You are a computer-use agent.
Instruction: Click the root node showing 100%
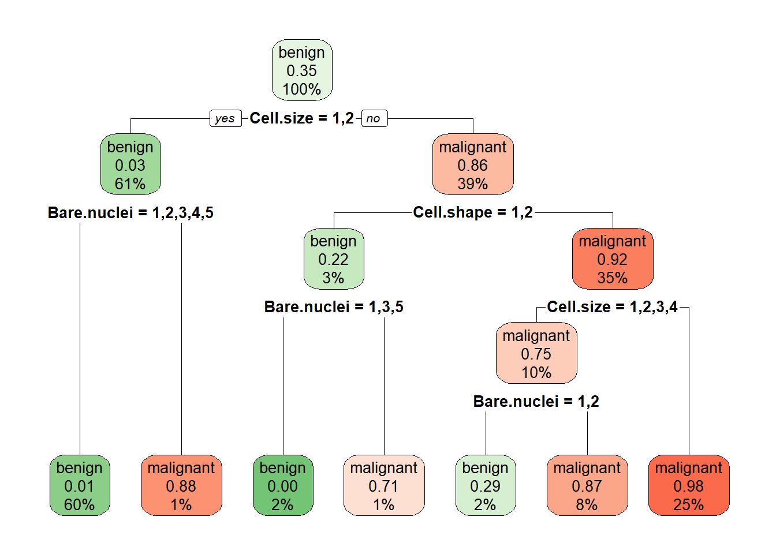click(x=302, y=70)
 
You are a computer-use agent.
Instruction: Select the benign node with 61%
click(x=130, y=164)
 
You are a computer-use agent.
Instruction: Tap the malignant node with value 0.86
click(x=473, y=164)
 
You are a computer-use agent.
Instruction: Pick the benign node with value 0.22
click(x=334, y=259)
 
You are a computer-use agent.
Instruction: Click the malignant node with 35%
click(x=613, y=259)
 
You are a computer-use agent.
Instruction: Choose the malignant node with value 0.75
click(x=536, y=353)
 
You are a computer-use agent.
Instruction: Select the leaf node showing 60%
click(x=80, y=485)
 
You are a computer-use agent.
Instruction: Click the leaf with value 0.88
click(x=181, y=485)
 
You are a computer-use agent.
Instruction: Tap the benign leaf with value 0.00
click(x=283, y=485)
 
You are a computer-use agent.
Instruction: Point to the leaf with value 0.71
click(x=384, y=485)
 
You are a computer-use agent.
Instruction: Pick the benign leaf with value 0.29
click(x=486, y=485)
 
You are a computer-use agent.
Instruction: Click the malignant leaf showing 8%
click(x=587, y=485)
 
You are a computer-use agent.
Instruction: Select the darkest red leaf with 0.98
click(x=689, y=485)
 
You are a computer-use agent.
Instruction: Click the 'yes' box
click(x=226, y=118)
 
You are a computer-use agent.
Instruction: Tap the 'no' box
click(x=375, y=118)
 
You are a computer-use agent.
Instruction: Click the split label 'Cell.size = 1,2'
click(x=302, y=118)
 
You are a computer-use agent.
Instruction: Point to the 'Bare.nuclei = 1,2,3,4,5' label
click(x=130, y=212)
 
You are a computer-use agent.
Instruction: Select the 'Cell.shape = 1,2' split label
click(x=473, y=212)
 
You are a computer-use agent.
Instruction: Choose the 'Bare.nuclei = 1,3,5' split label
click(x=334, y=307)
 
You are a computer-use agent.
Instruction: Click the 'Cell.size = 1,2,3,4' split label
click(x=612, y=307)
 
